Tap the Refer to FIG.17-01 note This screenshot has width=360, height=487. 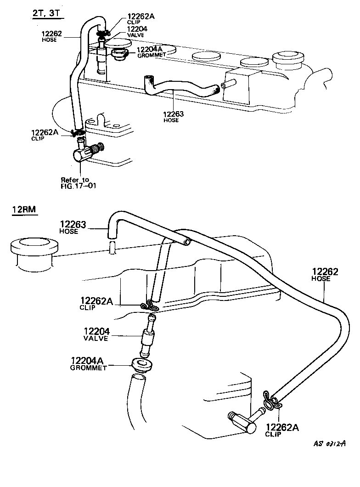click(79, 183)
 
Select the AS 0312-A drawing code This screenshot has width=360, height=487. click(329, 443)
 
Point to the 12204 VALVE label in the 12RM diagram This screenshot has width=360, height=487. click(96, 334)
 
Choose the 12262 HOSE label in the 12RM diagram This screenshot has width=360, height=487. click(325, 274)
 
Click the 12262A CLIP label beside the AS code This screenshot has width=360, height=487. click(282, 430)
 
